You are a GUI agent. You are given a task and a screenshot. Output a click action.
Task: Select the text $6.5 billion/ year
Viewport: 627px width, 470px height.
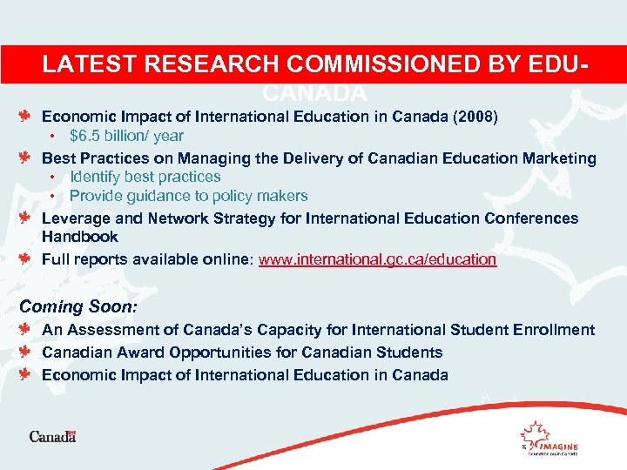(126, 136)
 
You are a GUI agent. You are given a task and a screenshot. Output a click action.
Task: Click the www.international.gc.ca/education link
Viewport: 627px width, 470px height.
(378, 259)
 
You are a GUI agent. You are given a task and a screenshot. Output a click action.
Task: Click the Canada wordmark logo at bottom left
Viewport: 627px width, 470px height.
(53, 436)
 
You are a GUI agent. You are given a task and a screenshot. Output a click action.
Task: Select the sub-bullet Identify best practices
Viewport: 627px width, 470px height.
(145, 177)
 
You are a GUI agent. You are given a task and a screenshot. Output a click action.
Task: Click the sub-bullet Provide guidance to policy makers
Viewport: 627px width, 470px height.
(188, 196)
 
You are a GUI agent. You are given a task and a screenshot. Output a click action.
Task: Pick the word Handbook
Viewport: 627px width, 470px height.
(80, 237)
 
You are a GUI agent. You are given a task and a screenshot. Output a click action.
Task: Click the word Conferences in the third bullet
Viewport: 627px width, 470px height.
(532, 218)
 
